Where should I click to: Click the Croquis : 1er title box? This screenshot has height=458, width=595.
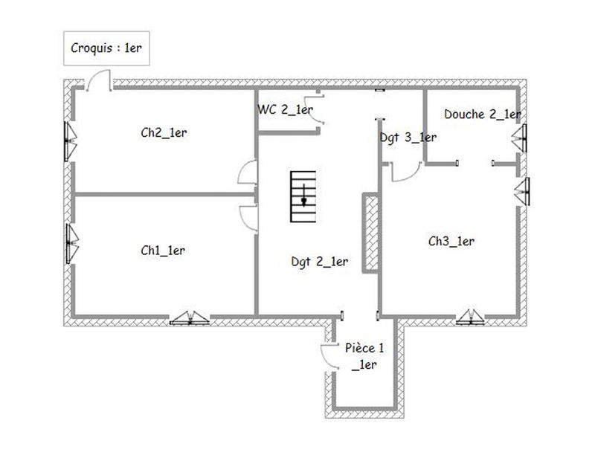tap(106, 48)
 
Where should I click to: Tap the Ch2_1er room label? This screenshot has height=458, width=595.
tap(163, 132)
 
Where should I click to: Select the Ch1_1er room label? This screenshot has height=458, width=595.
tap(163, 251)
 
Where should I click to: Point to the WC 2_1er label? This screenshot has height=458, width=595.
tap(285, 110)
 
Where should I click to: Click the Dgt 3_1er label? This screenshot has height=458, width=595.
tap(408, 137)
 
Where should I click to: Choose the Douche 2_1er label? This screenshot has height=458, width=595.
tap(481, 115)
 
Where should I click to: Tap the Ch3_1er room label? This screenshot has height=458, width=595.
tap(451, 241)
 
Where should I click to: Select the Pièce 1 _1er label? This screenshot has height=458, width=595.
tap(365, 356)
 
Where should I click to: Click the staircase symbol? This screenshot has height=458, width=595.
tap(303, 196)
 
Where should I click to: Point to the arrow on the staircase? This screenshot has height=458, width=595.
tap(303, 199)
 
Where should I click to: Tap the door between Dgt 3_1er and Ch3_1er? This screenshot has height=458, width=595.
tap(405, 172)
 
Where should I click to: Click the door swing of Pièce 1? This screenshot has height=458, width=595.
tap(328, 353)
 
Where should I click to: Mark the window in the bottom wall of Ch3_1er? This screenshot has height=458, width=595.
tap(472, 317)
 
